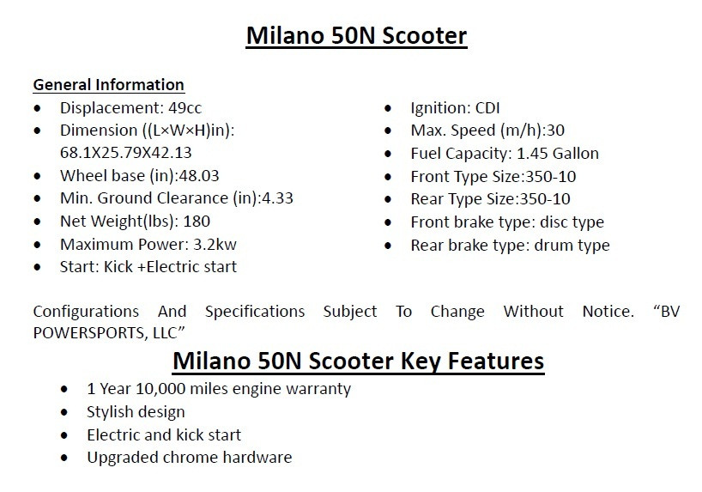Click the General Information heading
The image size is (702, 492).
coord(108,85)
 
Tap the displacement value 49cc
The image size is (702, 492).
coord(185,108)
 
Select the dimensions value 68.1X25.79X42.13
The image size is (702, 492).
coord(126,153)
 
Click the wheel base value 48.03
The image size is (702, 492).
coord(199,176)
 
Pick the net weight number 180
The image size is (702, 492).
coord(197,222)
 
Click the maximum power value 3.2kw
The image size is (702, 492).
coord(215,244)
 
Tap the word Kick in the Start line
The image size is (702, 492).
coord(118,267)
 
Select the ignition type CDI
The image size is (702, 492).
coord(487,108)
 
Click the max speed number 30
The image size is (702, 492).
coord(555,131)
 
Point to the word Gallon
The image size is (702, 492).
coord(576,153)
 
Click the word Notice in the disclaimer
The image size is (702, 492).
coord(608,312)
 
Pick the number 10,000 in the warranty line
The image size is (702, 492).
coord(160,388)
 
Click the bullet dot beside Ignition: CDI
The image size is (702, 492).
coord(388,108)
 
